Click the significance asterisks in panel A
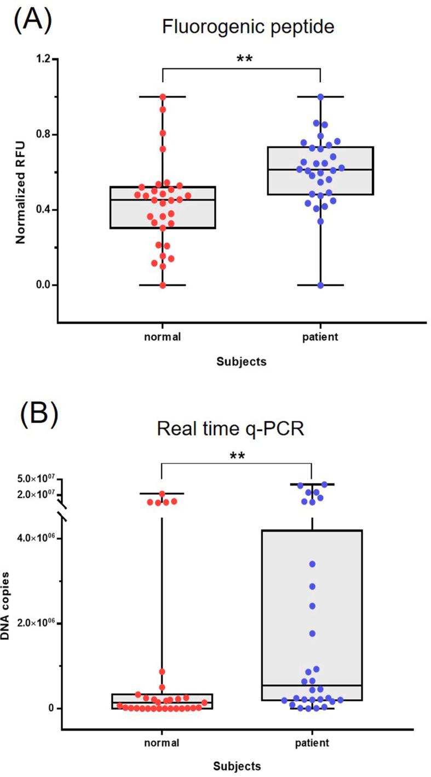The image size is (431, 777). point(244,59)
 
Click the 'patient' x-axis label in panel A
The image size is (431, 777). point(320,336)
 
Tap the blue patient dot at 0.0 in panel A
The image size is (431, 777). point(320,285)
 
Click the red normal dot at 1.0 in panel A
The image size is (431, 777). point(163,97)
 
